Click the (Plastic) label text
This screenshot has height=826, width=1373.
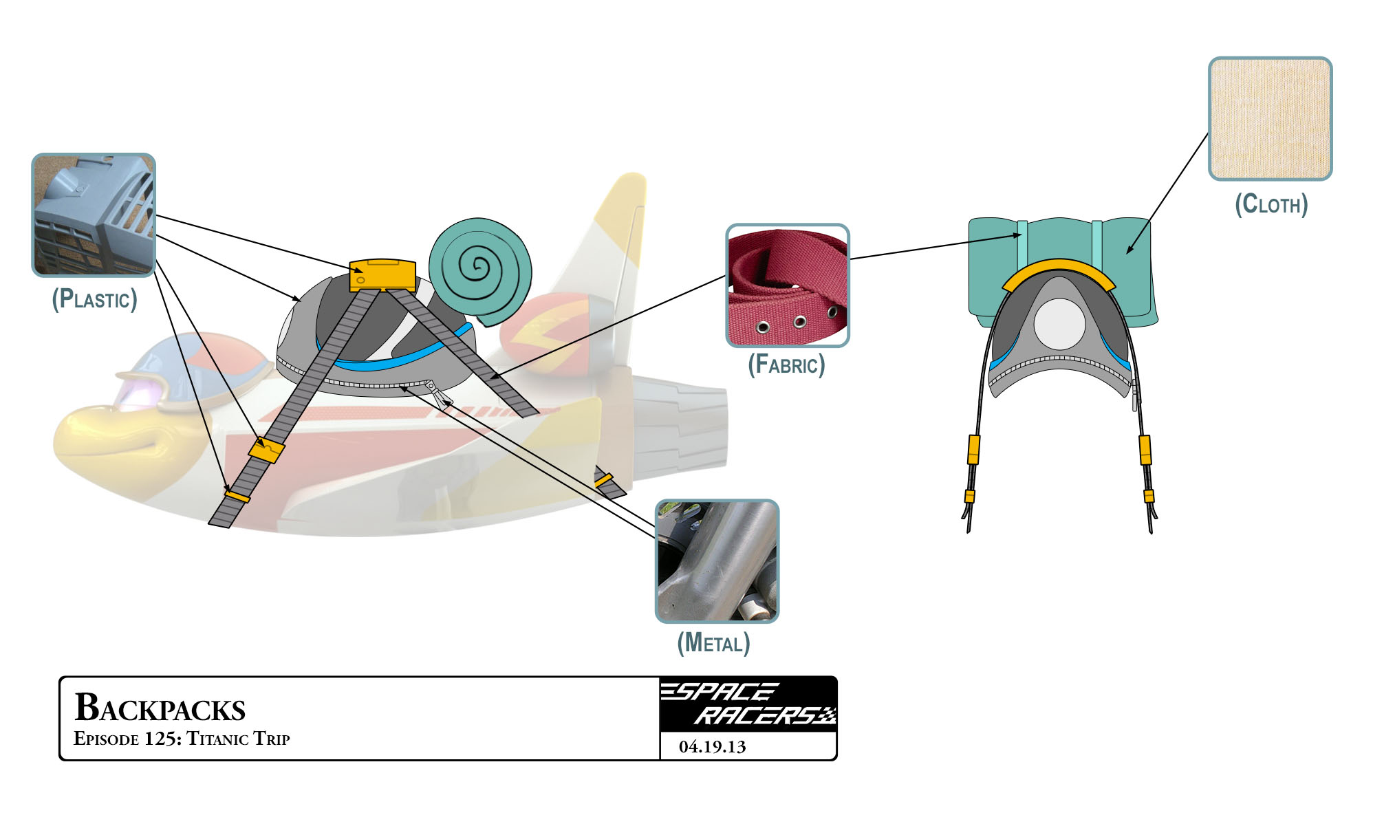94,299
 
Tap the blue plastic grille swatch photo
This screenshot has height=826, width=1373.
94,215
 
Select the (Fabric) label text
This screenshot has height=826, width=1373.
786,364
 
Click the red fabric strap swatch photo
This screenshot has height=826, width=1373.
788,285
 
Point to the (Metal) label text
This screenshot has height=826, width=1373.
713,642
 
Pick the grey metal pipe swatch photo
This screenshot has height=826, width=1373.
717,561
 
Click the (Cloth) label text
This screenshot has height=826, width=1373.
1271,204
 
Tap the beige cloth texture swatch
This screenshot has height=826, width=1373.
1270,118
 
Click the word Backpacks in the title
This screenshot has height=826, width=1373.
160,708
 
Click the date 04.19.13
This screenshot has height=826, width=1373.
712,747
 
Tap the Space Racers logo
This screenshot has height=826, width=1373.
748,704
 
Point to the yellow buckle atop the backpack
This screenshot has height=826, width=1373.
382,275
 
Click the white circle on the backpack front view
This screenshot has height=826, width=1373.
1059,324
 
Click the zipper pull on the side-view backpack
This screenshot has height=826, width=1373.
439,395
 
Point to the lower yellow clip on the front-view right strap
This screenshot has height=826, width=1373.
1148,496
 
